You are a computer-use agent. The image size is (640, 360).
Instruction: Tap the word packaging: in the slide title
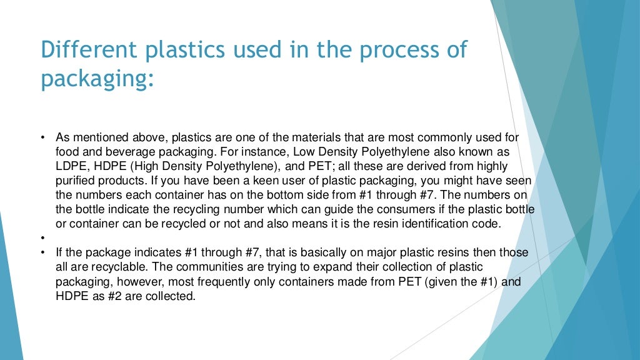click(x=97, y=79)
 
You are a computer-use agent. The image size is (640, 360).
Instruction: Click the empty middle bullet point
click(x=43, y=238)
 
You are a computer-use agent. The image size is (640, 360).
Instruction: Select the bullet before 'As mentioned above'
click(x=43, y=137)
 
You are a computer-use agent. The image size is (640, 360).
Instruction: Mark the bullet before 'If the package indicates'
click(x=43, y=252)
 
